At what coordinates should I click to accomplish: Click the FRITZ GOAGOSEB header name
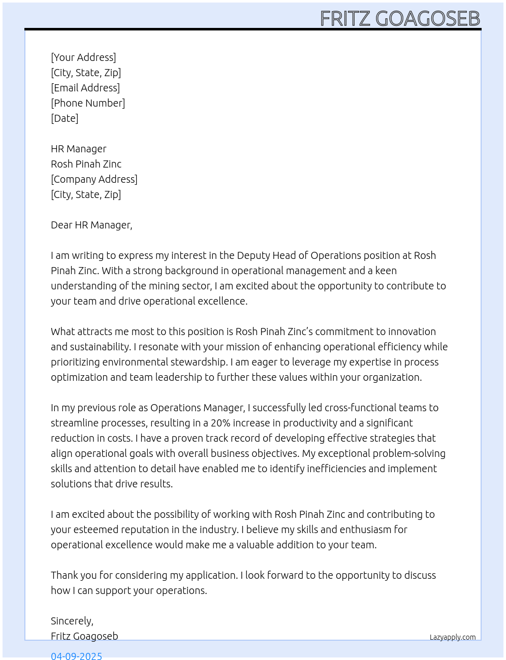[400, 19]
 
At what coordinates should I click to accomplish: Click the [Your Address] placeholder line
[83, 57]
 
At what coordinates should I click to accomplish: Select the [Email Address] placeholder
[85, 88]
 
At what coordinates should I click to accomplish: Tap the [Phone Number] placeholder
[88, 103]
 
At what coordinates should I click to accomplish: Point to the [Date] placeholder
[65, 118]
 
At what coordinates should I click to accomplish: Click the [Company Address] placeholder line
[94, 179]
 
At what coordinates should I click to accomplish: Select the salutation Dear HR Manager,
[91, 225]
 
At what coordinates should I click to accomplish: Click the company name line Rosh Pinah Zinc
[86, 164]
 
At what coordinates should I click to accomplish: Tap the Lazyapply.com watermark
[453, 637]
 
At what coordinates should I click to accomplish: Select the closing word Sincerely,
[72, 621]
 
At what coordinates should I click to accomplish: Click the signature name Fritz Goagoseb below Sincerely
[84, 636]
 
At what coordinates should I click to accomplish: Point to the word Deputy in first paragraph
[253, 255]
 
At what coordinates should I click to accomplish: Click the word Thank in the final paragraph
[65, 575]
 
